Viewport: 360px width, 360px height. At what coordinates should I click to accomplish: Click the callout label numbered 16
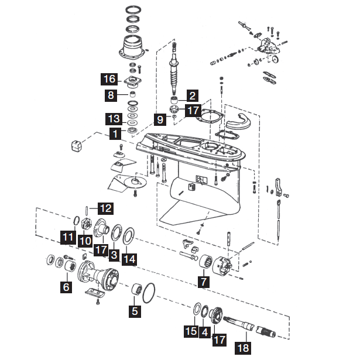tap(109, 78)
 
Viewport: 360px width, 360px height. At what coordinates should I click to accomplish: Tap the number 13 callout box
tap(114, 119)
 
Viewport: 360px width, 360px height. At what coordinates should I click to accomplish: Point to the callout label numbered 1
tap(115, 133)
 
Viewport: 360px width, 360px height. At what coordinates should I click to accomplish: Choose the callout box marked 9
tap(160, 119)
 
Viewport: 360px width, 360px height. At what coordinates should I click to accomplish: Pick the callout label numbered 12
tap(105, 207)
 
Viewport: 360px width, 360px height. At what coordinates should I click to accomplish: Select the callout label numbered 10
tap(85, 240)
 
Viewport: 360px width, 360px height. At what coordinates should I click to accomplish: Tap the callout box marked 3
tap(114, 255)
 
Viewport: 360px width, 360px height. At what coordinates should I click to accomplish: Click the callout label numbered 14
tap(129, 258)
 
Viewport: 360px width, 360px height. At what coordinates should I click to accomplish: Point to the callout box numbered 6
tap(66, 287)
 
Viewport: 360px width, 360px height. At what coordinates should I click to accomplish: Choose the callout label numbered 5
tap(135, 311)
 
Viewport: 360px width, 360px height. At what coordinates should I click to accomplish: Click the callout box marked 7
tap(204, 282)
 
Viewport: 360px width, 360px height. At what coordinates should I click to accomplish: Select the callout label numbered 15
tap(191, 331)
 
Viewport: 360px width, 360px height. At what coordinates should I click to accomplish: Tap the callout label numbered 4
tap(204, 331)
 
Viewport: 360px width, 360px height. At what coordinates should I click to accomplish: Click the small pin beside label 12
tap(88, 209)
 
